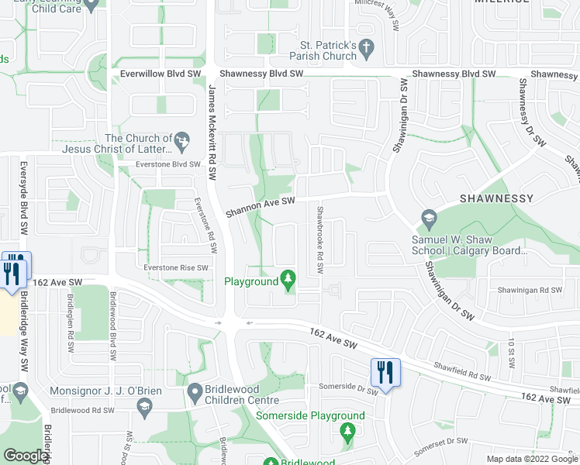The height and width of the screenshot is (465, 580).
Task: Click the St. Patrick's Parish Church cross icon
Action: pyautogui.click(x=367, y=49)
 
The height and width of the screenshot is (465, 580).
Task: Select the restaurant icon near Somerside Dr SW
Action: pyautogui.click(x=384, y=372)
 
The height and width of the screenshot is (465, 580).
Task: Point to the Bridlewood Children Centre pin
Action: pyautogui.click(x=193, y=394)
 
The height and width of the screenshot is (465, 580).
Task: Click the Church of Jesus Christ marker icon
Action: pyautogui.click(x=182, y=140)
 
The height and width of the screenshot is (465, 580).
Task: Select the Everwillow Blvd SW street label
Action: pyautogui.click(x=161, y=74)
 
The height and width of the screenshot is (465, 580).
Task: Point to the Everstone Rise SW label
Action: pyautogui.click(x=176, y=268)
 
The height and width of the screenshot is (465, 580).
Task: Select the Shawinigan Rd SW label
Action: pyautogui.click(x=530, y=290)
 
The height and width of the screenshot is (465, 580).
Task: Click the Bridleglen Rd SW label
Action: pyautogui.click(x=70, y=336)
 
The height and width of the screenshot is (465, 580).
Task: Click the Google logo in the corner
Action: pyautogui.click(x=26, y=456)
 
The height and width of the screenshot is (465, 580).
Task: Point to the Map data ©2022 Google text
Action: pyautogui.click(x=532, y=459)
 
